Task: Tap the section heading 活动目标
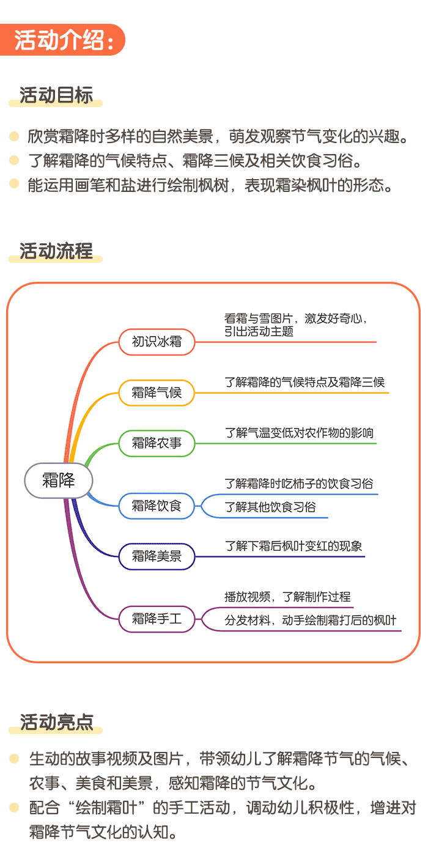tap(56, 96)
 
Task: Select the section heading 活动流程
tap(56, 251)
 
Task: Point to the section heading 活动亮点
tap(56, 723)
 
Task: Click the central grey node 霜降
tap(59, 480)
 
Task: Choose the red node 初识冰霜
tap(157, 342)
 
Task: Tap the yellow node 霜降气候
tap(157, 392)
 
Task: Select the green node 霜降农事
tap(157, 443)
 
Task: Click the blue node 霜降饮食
tap(157, 506)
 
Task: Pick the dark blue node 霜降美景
tap(157, 556)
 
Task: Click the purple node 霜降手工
tap(157, 619)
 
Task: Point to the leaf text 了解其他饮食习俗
tap(270, 507)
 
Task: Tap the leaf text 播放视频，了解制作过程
tap(287, 597)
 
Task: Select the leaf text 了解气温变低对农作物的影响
tap(299, 433)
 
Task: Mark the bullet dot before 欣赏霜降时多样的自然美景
tap(14, 136)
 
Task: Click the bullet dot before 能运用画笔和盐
tap(14, 185)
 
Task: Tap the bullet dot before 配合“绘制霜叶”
tap(14, 808)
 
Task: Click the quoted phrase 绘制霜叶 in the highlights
tap(106, 808)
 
